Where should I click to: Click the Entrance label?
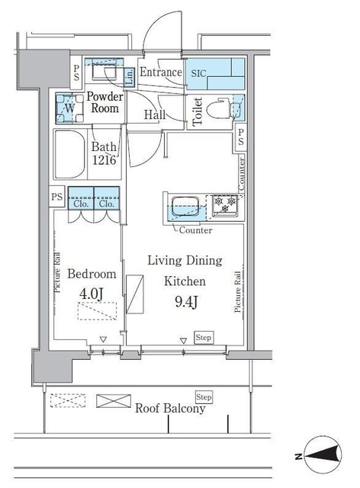click(161, 73)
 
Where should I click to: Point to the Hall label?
click(156, 115)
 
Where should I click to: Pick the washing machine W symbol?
click(69, 108)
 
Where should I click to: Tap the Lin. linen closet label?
click(130, 75)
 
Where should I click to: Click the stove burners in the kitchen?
click(225, 204)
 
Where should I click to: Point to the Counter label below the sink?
click(195, 230)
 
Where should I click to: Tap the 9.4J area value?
click(183, 301)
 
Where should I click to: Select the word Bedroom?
click(92, 274)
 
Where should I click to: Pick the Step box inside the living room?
click(204, 336)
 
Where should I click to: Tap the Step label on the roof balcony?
click(204, 397)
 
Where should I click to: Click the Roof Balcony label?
click(170, 409)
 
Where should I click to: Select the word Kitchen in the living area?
click(184, 281)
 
